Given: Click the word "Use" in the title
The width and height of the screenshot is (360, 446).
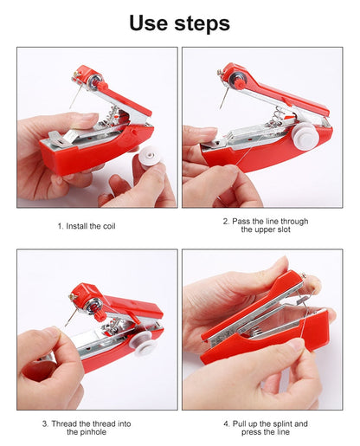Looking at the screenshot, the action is [148, 23].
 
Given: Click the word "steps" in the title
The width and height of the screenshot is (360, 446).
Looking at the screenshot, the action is [202, 24].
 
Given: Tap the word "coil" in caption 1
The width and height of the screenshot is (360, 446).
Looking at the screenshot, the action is [109, 226].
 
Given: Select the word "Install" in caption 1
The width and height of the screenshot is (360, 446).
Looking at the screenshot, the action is [77, 226].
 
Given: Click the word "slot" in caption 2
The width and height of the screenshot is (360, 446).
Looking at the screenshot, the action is [282, 229].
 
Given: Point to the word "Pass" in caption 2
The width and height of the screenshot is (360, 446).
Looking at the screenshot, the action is [241, 222].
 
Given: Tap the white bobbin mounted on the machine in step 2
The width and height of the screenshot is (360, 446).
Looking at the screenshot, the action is [305, 136].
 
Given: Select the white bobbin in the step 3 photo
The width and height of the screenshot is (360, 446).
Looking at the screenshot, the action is [140, 343].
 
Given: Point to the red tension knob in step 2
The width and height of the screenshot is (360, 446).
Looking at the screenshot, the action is [239, 83].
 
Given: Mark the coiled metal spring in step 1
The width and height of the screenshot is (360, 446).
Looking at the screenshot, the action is [111, 116].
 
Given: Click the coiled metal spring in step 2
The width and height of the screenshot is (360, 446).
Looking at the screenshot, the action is [276, 117].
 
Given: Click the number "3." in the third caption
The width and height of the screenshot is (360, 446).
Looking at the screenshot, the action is [45, 424].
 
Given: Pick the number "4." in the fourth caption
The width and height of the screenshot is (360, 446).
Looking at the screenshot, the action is [227, 424].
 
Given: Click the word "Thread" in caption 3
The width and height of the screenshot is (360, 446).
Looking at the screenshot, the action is [64, 424].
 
